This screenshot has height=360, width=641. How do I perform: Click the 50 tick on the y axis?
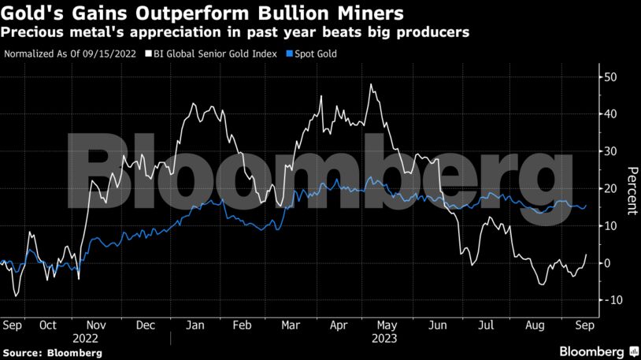tap(610, 77)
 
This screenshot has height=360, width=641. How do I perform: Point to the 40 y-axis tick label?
tap(610, 114)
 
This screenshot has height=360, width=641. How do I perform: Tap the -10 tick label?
tap(608, 300)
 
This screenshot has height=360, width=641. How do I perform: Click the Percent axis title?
tap(631, 190)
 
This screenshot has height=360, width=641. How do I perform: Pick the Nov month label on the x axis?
tap(95, 325)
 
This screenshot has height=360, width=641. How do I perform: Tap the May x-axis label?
tap(387, 325)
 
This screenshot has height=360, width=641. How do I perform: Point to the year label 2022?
tap(87, 339)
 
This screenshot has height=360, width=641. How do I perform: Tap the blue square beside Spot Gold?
tap(289, 54)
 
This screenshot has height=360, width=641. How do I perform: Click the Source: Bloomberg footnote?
tap(53, 353)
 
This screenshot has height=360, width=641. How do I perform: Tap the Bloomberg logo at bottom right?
tap(598, 351)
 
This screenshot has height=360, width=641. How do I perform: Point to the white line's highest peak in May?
tap(370, 84)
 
